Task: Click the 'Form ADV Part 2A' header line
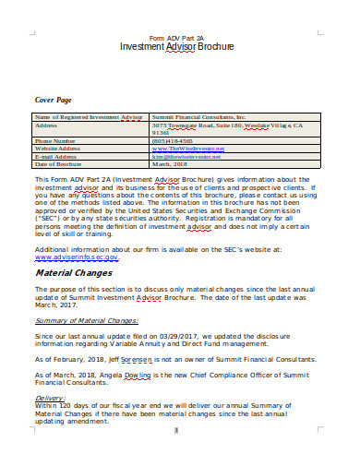(178, 36)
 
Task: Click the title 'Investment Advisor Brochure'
(178, 46)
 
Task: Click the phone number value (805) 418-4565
(174, 140)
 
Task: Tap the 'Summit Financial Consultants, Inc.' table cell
(199, 117)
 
